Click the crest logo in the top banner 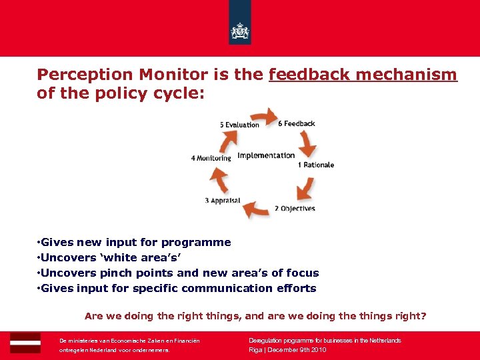click(239, 31)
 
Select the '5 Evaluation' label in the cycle click(239, 125)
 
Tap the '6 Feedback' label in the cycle click(297, 123)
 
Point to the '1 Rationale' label click(316, 165)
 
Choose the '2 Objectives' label click(295, 209)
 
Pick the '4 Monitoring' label click(211, 158)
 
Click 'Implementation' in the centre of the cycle click(266, 155)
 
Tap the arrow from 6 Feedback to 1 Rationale click(307, 143)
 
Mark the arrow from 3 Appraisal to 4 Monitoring click(219, 179)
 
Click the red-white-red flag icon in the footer click(25, 342)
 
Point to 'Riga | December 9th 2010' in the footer click(287, 349)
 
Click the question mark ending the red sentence click(423, 316)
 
